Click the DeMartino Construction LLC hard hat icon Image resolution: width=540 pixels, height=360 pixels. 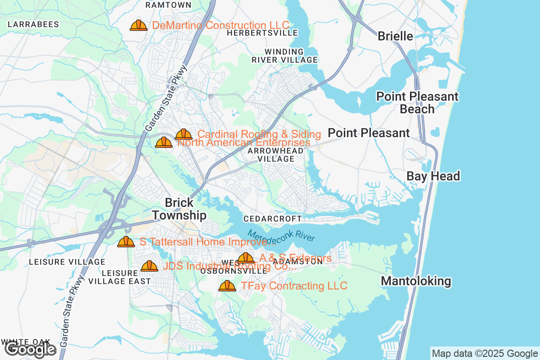click(139, 25)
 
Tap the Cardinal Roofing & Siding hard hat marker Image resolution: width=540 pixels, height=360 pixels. click(184, 134)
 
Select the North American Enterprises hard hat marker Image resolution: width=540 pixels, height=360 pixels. click(163, 143)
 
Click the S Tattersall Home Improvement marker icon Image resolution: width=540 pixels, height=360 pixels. click(126, 242)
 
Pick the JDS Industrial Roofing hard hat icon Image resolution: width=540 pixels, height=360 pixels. click(149, 266)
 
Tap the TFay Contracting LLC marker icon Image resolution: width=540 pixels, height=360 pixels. click(227, 286)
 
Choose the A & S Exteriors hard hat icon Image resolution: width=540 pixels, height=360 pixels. click(246, 258)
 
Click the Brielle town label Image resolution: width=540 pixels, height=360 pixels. click(395, 36)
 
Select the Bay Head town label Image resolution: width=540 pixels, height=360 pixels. click(433, 176)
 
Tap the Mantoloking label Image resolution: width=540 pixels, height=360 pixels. click(416, 281)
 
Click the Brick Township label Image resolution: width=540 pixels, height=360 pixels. click(179, 209)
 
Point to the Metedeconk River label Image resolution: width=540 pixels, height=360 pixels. click(281, 236)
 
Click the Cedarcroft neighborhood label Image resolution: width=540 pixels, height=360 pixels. click(272, 219)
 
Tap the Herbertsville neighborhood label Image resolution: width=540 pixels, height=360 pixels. click(262, 33)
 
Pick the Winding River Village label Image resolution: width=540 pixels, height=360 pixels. click(284, 56)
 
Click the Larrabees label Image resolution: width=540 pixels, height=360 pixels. click(33, 24)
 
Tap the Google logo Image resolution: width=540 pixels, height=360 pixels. click(31, 349)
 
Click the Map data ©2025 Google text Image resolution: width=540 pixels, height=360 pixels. click(484, 353)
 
